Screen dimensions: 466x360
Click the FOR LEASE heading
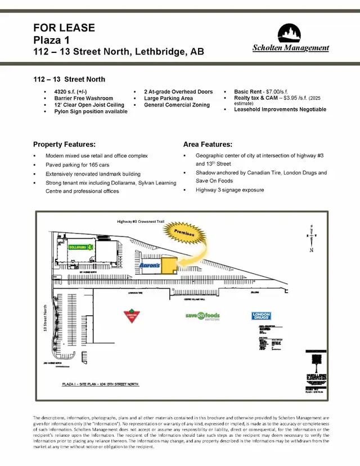pyautogui.click(x=64, y=28)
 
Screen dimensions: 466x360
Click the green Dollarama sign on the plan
pyautogui.click(x=80, y=247)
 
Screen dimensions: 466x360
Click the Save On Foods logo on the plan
pyautogui.click(x=202, y=316)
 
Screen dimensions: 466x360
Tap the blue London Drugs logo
pyautogui.click(x=261, y=316)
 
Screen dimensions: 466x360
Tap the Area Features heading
pyautogui.click(x=208, y=145)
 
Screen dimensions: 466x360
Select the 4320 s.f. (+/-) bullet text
pyautogui.click(x=70, y=91)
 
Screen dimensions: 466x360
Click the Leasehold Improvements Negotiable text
pyautogui.click(x=280, y=109)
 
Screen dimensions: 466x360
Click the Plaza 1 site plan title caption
pyautogui.click(x=100, y=384)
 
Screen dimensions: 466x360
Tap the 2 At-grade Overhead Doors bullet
pyautogui.click(x=178, y=91)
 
